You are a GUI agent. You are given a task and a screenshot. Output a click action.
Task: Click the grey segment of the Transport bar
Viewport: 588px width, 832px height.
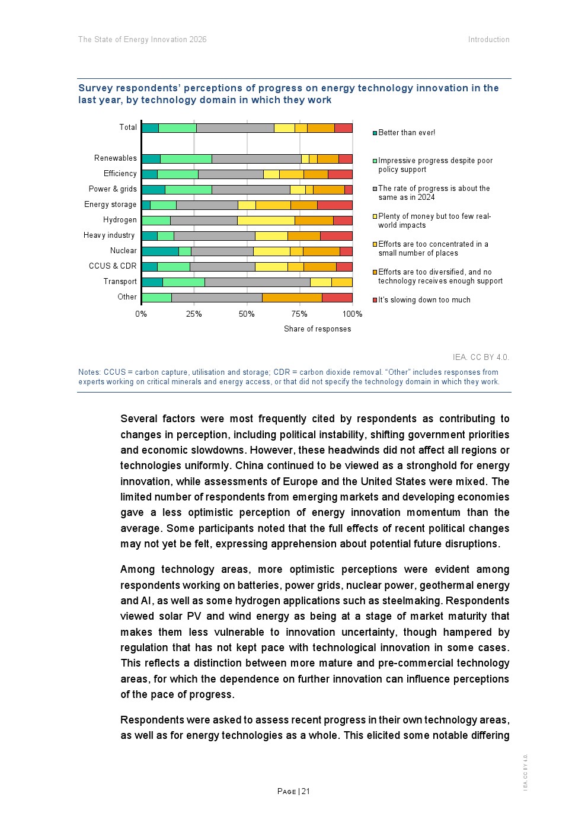coord(257,282)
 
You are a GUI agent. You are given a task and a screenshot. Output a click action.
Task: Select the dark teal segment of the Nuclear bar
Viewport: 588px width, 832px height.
coord(160,251)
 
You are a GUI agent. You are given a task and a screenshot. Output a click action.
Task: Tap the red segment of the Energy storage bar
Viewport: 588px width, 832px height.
coord(334,205)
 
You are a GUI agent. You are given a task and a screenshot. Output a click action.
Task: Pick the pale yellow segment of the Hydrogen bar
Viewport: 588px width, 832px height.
coord(266,221)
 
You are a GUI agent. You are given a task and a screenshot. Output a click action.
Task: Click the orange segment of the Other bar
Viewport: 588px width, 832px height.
coord(292,298)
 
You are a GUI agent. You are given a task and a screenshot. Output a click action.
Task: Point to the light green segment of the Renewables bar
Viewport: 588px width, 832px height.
coord(186,159)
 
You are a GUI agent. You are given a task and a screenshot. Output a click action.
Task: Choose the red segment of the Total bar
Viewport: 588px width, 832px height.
coord(343,128)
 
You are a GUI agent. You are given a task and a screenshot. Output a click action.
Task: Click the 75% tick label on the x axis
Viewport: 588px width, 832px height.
coord(299,314)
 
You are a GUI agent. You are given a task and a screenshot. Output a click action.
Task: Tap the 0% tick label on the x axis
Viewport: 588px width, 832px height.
coord(141,314)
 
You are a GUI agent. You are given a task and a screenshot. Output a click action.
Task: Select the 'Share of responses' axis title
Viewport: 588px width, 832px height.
coord(317,329)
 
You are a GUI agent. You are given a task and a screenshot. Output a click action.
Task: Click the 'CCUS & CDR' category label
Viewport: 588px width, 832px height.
coord(113,266)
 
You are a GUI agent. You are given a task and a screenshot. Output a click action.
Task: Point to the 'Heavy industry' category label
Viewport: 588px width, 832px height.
coord(109,235)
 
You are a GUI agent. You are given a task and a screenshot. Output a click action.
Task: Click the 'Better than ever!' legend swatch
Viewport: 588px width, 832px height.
coord(375,133)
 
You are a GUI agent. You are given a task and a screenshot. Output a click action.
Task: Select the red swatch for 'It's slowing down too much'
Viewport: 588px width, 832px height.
coord(375,300)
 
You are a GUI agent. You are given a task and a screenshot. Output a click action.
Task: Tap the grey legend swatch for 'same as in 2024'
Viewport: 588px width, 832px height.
coord(375,189)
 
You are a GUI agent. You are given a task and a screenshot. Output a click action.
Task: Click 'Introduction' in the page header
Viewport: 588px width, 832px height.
coord(488,40)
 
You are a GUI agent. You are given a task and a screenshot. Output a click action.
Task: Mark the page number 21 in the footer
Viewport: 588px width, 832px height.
coord(306,792)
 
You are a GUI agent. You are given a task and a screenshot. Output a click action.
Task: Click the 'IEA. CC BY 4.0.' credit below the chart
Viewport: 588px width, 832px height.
coord(481,358)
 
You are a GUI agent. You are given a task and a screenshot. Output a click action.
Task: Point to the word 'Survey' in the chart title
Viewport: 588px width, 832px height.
coord(95,88)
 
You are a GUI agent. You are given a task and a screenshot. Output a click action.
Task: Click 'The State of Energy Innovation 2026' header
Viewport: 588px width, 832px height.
coord(142,40)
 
